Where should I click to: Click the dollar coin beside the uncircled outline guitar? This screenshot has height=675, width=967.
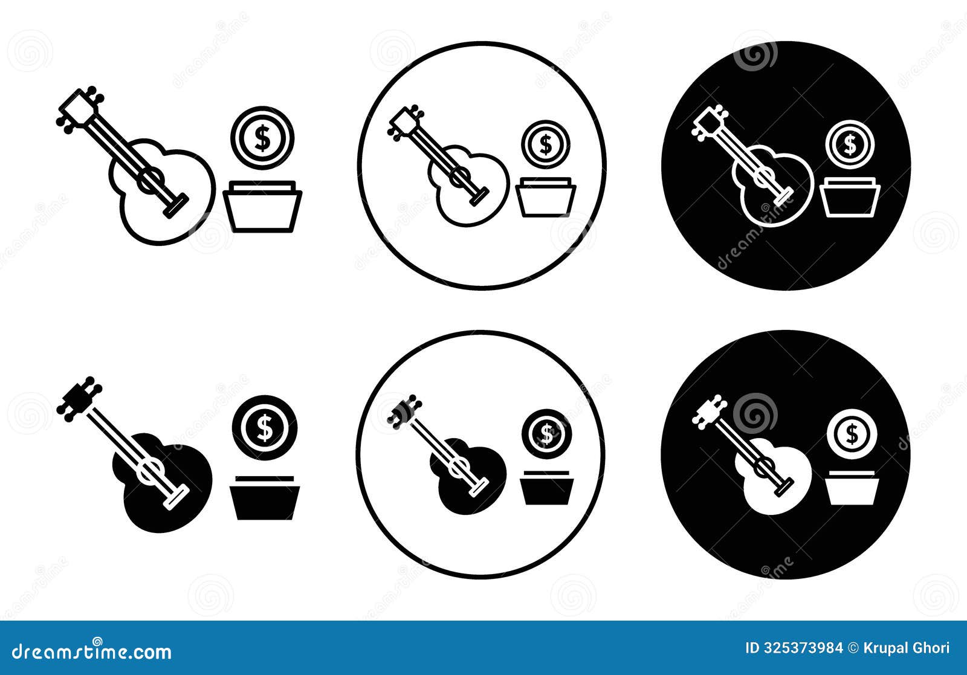(x=262, y=138)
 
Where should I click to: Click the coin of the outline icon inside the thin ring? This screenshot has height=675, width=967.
(x=546, y=144)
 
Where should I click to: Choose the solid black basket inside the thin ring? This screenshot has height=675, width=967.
(x=546, y=490)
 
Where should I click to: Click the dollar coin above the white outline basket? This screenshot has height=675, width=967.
(x=850, y=144)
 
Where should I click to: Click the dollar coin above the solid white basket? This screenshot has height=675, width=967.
(x=852, y=433)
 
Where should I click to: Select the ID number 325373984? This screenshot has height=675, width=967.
(x=803, y=648)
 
